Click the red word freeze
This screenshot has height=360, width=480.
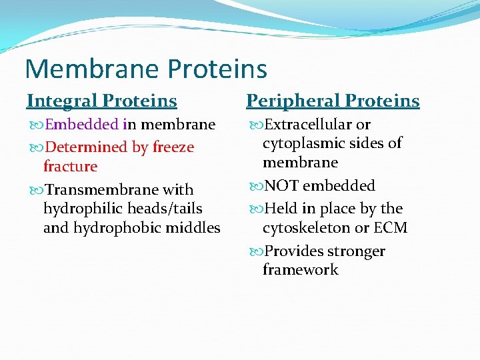click(173, 147)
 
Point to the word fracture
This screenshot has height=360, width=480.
click(70, 167)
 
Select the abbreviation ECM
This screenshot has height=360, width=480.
click(391, 228)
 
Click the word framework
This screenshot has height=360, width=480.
click(300, 270)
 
